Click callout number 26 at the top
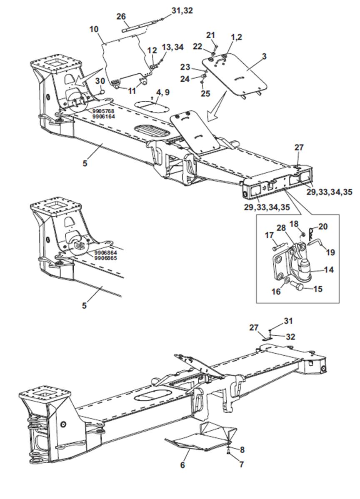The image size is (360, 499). pos(121,16)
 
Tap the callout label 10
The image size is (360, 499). pos(94,29)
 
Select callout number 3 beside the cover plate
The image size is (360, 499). pos(264,56)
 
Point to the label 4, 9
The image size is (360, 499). pos(163,92)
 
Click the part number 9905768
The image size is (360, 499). pos(104,111)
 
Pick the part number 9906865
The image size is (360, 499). pos(105,258)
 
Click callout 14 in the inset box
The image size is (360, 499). pos(329,269)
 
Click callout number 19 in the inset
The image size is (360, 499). pos(330,252)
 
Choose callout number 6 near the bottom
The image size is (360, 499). pos(182,465)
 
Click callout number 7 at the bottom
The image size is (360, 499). pos(241,464)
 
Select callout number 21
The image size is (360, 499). pos(211,35)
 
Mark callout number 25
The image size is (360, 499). pos(205,93)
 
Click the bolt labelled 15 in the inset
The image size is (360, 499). pos(299,287)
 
